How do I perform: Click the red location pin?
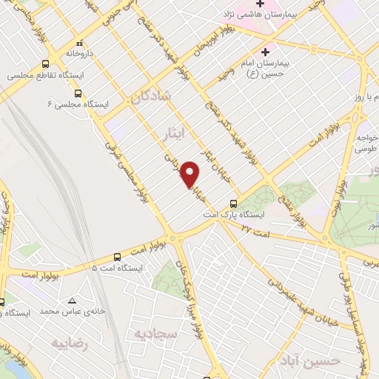pyautogui.click(x=192, y=174)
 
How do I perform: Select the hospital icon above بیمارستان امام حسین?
pyautogui.click(x=264, y=51)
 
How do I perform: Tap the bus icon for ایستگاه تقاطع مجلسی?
pyautogui.click(x=47, y=64)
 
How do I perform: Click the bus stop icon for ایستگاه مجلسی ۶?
pyautogui.click(x=78, y=93)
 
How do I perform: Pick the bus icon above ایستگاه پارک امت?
pyautogui.click(x=234, y=203)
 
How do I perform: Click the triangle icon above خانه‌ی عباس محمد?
pyautogui.click(x=72, y=301)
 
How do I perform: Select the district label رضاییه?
pyautogui.click(x=70, y=343)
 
